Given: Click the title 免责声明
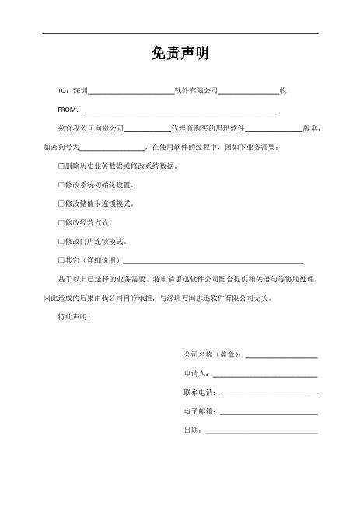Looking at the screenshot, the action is click(x=180, y=55).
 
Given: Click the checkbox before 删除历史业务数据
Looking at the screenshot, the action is click(x=61, y=166).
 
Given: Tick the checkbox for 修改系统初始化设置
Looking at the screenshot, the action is click(x=61, y=185).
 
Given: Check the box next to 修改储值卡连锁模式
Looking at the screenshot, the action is click(x=61, y=204).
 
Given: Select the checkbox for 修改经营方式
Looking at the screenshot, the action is click(x=61, y=222).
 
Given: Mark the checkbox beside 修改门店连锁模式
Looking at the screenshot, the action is click(x=61, y=241).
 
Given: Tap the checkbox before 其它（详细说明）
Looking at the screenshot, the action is click(x=61, y=260).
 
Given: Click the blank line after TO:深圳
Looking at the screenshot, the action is click(x=131, y=92).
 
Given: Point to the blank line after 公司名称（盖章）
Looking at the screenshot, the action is click(x=281, y=355).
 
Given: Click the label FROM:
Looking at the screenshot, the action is click(x=68, y=110).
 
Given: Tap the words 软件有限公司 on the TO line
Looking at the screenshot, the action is click(x=196, y=91).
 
